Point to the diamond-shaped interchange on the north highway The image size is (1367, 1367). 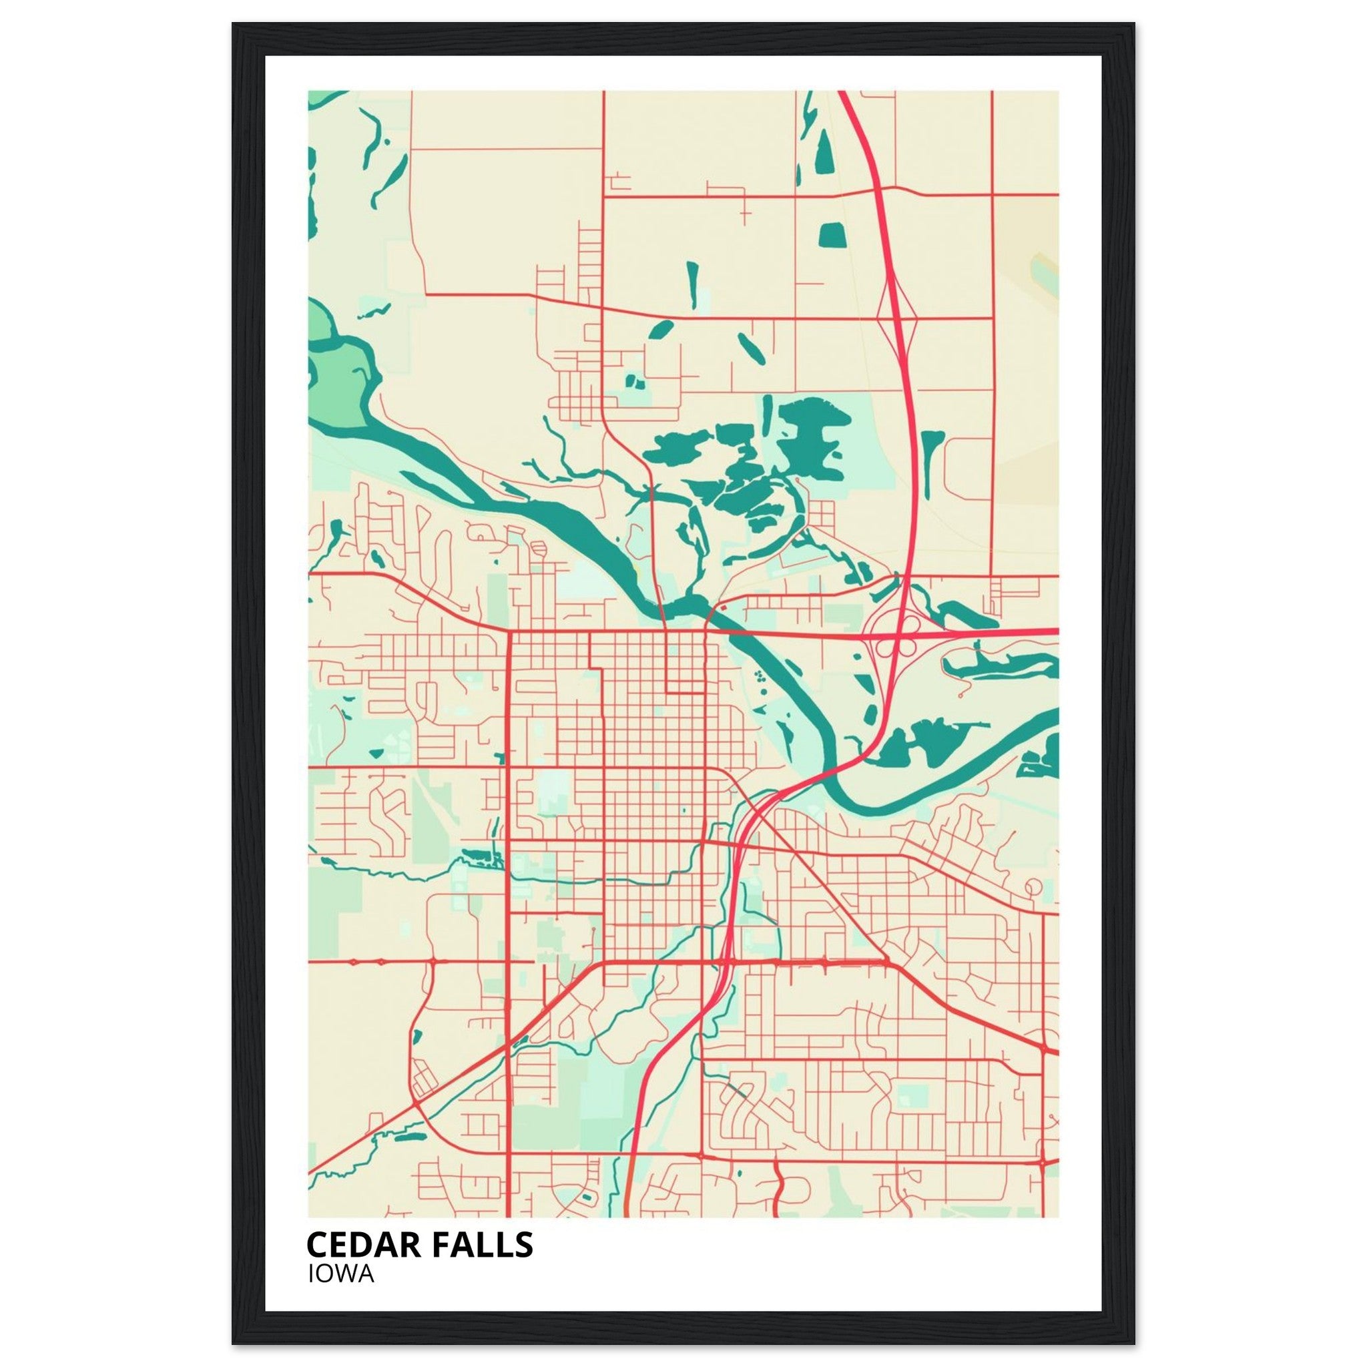pos(896,318)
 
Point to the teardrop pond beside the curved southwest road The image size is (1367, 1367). pos(417,1037)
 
